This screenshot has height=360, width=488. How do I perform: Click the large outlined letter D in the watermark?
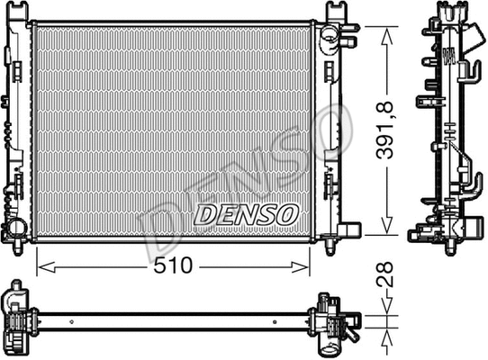pos(162,236)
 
